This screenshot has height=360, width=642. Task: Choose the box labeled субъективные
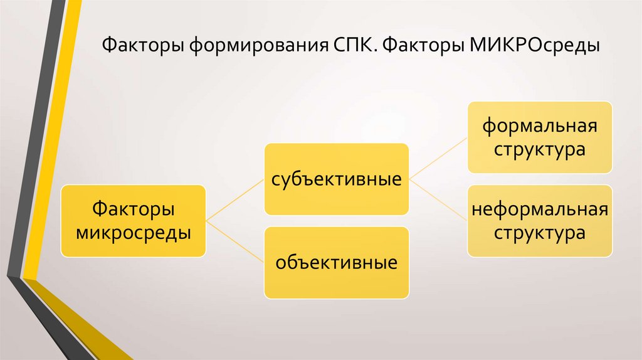click(x=336, y=179)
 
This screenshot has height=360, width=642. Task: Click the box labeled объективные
click(x=336, y=262)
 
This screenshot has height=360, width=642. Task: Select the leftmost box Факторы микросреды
click(x=133, y=220)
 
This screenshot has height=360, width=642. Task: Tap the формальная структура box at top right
click(x=539, y=137)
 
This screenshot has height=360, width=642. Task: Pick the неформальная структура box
click(x=539, y=220)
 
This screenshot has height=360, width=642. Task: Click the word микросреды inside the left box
click(x=133, y=233)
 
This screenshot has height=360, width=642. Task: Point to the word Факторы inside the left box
click(x=133, y=208)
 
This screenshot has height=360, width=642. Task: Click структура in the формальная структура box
click(x=539, y=150)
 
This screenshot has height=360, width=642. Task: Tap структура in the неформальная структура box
click(x=539, y=233)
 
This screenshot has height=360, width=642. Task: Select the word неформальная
click(x=539, y=208)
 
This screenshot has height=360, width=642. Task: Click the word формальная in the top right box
click(x=539, y=124)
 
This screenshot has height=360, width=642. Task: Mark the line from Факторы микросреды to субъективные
click(x=235, y=199)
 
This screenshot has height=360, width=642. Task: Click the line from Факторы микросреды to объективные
click(x=235, y=241)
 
